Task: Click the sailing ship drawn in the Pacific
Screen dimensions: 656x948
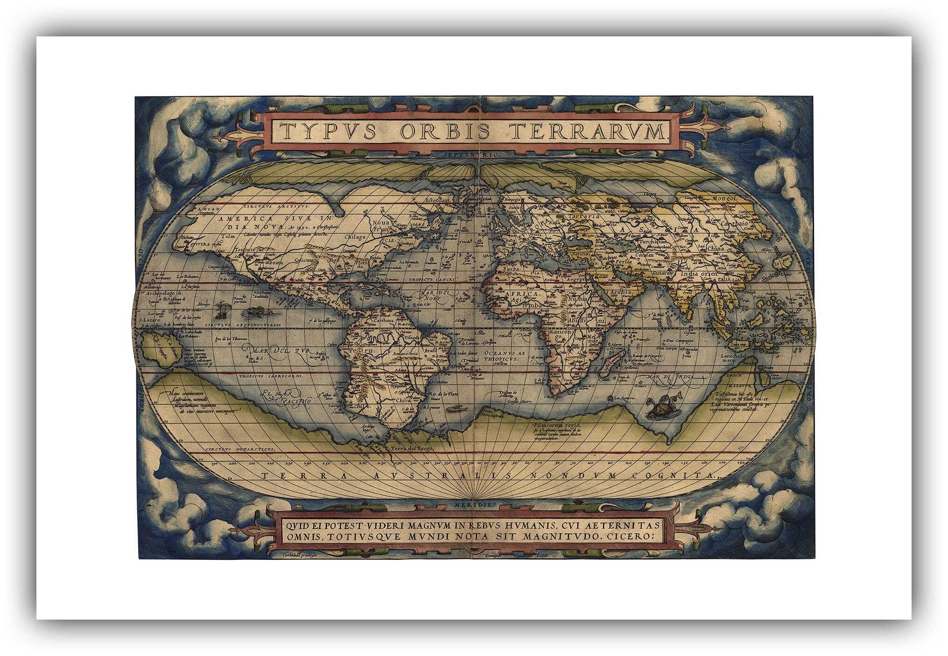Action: coord(221,307)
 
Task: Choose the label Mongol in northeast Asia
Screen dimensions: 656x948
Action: coord(722,198)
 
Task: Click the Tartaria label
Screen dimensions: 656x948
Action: coord(584,216)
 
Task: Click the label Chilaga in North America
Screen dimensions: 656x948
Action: coord(355,237)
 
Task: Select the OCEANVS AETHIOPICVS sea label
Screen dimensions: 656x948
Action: coord(505,356)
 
